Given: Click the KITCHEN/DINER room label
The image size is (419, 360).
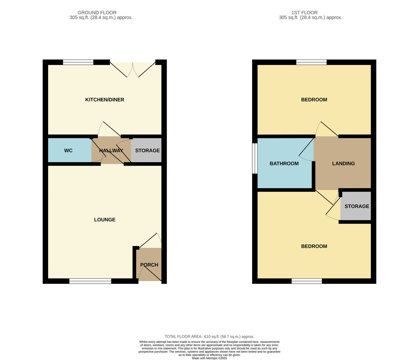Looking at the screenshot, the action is pos(105,100).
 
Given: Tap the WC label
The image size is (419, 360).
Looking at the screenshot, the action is pos(68,151).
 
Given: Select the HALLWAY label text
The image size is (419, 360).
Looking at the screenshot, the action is pos(111,151).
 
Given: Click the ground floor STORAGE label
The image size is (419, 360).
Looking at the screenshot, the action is pos(147,151).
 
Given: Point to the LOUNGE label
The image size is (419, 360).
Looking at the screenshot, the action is pos(105,219).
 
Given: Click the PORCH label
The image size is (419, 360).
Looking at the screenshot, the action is pos(149,265).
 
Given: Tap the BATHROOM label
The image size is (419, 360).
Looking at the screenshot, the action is pos(284,164).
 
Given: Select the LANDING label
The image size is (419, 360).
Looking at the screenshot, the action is pos(343,164).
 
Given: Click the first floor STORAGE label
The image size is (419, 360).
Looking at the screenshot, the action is pos(357,206).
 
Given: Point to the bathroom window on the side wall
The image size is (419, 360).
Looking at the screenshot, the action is pos(255,158).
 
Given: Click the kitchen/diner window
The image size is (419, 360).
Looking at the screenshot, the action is pos(78,62).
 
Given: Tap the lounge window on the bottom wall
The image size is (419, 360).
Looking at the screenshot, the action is pos(90,281).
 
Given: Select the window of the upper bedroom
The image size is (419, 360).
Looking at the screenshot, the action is pos(311,62).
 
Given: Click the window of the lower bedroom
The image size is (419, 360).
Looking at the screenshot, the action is pos(307,281).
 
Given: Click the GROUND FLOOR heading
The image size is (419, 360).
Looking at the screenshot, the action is pos(97,13).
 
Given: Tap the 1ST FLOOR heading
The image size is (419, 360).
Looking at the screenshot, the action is pos(304,13).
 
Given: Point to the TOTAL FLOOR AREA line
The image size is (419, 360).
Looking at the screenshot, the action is pos(209,337).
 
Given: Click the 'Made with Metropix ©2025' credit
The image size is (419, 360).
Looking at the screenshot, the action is pos(209,358).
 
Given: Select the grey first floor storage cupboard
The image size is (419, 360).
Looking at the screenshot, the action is pos(355,206).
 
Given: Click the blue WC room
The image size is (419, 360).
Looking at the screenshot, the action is pos(69,150).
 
